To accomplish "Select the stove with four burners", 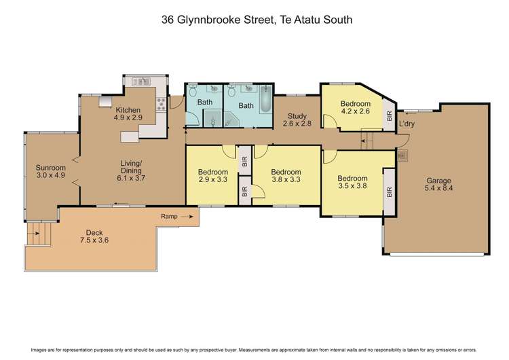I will (x=162, y=104).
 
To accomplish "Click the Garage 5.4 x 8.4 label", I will (x=438, y=185).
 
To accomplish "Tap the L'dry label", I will (x=407, y=124).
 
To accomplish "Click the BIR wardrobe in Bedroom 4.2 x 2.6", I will (x=389, y=115).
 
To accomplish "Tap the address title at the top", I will (x=257, y=20).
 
